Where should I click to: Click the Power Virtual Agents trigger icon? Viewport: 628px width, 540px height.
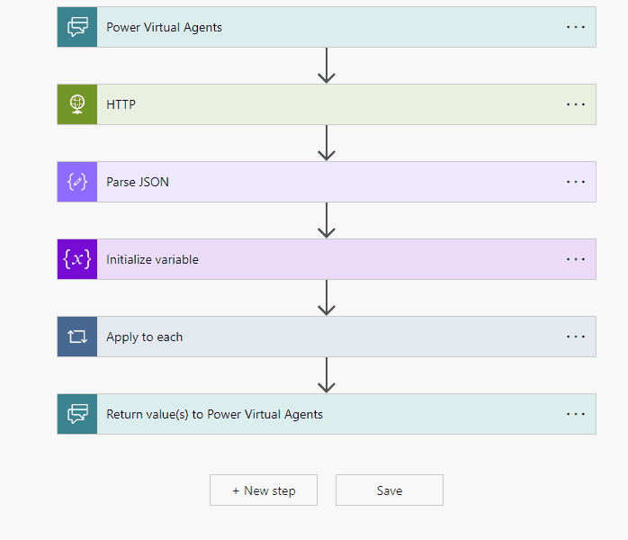pos(77,27)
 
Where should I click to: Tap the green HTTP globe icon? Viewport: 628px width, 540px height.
pos(77,104)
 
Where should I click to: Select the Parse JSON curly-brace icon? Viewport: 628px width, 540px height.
pos(77,182)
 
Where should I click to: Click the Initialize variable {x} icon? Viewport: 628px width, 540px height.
pos(77,259)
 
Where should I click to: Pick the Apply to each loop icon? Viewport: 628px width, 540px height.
pos(77,337)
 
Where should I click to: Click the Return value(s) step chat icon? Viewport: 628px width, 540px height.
pos(77,414)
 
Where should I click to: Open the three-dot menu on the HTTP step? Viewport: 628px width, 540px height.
pos(576,104)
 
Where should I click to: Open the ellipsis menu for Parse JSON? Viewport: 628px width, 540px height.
pos(576,182)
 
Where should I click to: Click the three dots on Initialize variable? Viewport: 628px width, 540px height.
pos(576,259)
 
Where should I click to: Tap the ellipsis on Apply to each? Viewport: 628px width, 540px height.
pos(576,337)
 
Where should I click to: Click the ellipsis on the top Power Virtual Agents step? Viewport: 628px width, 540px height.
pos(576,27)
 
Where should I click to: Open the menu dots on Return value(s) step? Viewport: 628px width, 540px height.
pos(576,414)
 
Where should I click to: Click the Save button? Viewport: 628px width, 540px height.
pos(390,490)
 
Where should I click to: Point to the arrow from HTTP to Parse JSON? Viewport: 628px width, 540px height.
pos(327,143)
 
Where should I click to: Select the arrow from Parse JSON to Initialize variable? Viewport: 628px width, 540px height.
pos(327,220)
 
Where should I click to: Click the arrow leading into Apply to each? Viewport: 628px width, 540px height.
pos(327,298)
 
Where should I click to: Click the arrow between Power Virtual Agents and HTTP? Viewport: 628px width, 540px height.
pos(327,66)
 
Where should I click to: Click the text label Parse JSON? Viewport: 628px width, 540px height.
pos(138,182)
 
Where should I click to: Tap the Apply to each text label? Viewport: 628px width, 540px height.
pos(144,337)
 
